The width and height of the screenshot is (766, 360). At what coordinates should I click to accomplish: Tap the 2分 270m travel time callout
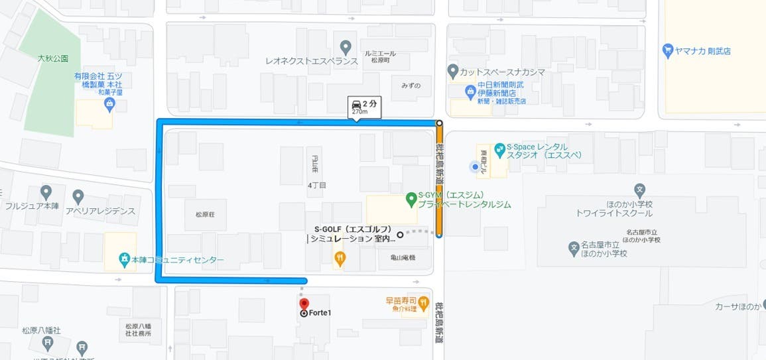(x=364, y=107)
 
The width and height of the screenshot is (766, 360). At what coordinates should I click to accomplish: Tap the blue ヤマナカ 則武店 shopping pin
(x=668, y=50)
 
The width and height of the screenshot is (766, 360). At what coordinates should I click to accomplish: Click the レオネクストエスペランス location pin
(x=345, y=48)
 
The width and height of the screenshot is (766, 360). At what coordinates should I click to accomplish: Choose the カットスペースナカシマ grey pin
(x=453, y=70)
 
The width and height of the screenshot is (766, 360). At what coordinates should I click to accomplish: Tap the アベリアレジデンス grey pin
(x=78, y=197)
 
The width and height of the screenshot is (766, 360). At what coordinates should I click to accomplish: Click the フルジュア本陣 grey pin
(x=46, y=193)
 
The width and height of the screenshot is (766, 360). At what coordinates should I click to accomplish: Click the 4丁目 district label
(x=317, y=185)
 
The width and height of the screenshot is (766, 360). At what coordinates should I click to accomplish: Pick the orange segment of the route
(x=440, y=179)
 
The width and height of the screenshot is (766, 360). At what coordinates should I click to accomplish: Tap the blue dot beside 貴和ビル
(x=474, y=167)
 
